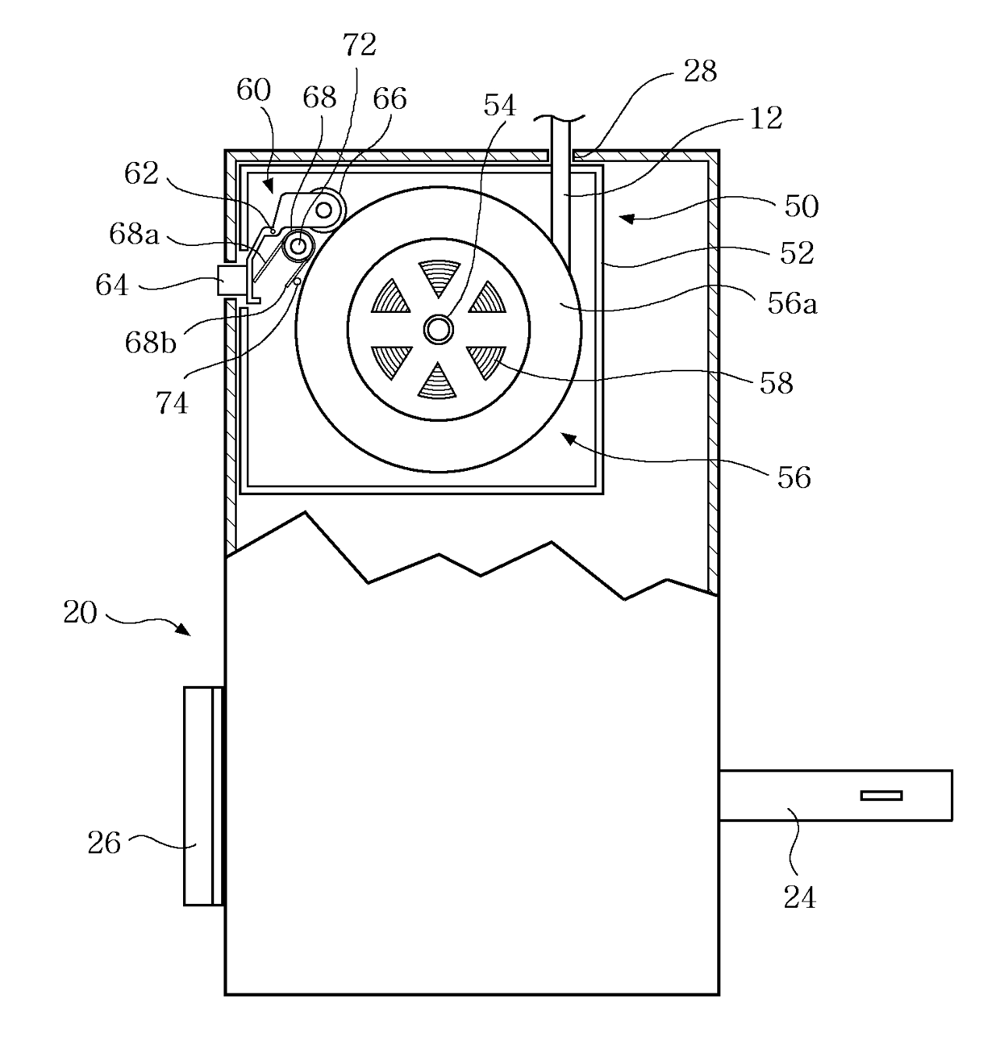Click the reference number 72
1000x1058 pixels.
[x=360, y=45]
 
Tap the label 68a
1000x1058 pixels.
[x=134, y=235]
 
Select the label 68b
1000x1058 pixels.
[x=150, y=341]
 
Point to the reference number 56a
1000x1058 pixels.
[x=792, y=303]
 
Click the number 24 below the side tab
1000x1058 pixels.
[x=800, y=897]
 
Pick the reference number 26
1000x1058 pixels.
[x=104, y=843]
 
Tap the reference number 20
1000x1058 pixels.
[x=80, y=612]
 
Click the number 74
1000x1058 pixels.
[x=172, y=402]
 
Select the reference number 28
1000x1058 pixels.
[x=700, y=71]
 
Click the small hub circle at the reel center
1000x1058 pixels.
[x=438, y=329]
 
